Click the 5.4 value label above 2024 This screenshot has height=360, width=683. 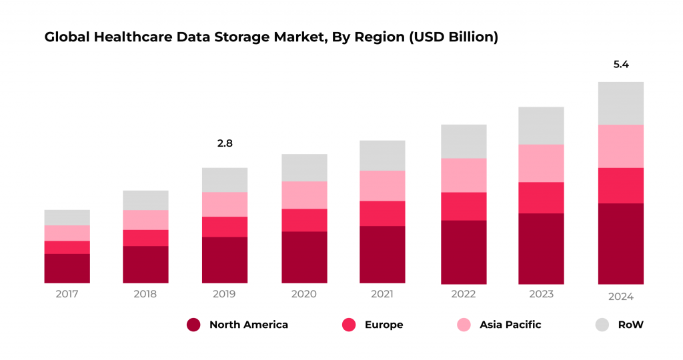click(621, 65)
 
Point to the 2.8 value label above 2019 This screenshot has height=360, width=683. click(225, 143)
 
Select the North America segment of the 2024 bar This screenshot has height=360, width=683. click(621, 243)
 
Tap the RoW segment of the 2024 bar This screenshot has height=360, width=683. click(621, 103)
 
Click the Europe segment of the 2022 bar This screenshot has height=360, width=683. click(464, 206)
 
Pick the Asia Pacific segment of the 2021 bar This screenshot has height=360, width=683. click(382, 185)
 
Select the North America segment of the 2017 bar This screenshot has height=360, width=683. click(67, 268)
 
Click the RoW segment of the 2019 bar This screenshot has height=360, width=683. click(225, 179)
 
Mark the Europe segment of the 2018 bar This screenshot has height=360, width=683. click(145, 238)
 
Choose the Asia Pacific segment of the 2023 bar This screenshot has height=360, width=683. click(541, 163)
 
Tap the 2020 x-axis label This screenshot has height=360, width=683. click(303, 294)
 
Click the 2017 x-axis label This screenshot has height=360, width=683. click(67, 294)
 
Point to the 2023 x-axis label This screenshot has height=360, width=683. click(541, 294)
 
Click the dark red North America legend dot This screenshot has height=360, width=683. click(193, 325)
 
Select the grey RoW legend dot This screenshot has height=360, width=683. click(602, 325)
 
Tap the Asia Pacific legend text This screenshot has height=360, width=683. click(510, 325)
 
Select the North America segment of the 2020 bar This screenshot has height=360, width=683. click(303, 257)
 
